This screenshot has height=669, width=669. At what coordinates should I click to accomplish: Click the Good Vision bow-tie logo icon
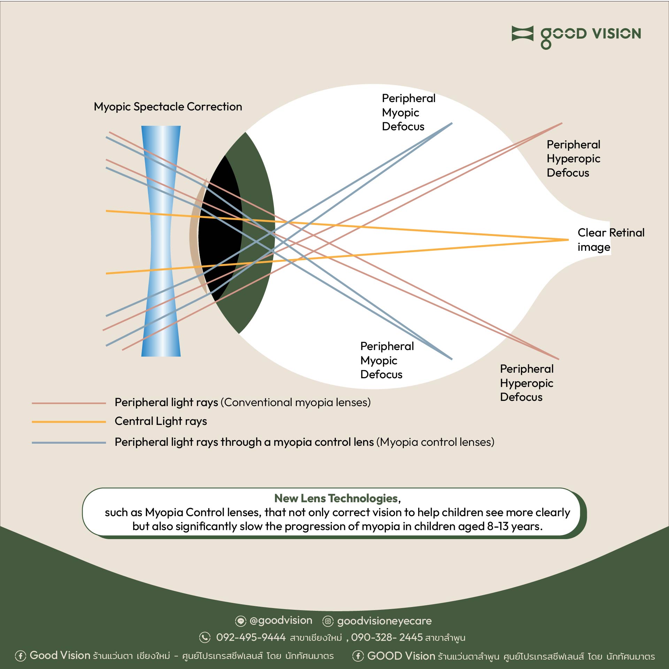point(522,33)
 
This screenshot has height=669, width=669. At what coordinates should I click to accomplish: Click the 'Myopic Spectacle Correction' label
point(168,107)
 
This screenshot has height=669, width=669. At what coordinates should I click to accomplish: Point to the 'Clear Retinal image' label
point(610,240)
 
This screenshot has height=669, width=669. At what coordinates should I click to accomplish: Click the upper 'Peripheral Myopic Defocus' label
point(408,112)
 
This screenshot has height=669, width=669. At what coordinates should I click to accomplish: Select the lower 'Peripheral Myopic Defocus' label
point(386,360)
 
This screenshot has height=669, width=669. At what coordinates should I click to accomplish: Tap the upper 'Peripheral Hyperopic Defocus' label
point(573,158)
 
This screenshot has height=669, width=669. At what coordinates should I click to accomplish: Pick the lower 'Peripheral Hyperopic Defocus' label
point(526,383)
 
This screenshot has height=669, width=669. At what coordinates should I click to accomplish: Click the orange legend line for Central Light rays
point(69,422)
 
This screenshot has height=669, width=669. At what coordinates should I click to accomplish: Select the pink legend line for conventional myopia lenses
point(69,403)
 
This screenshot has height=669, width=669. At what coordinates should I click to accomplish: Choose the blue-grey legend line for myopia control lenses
point(69,443)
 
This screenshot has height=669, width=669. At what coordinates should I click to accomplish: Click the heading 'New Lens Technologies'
point(336,498)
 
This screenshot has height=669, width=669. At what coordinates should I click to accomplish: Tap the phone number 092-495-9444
point(251,637)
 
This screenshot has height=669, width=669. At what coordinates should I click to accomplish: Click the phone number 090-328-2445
point(386,637)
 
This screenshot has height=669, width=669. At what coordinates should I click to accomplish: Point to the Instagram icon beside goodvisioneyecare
point(328,621)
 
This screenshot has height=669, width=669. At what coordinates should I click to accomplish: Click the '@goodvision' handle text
point(281,621)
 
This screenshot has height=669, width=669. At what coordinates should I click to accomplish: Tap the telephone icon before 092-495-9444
point(205,637)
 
